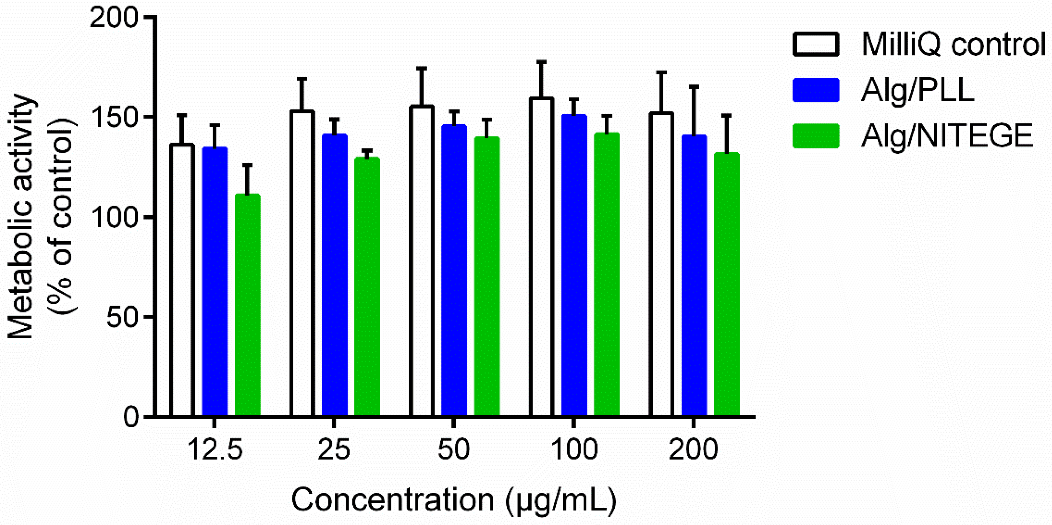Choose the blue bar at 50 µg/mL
[x=454, y=270]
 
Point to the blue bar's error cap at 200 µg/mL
[x=694, y=87]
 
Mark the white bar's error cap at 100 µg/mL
[x=542, y=62]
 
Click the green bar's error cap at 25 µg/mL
[x=367, y=150]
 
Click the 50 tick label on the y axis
[x=123, y=317]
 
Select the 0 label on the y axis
[x=132, y=417]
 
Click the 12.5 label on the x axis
[x=215, y=449]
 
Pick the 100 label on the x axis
[x=574, y=449]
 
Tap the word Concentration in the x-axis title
[x=392, y=499]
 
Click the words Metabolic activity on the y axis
[x=20, y=217]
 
